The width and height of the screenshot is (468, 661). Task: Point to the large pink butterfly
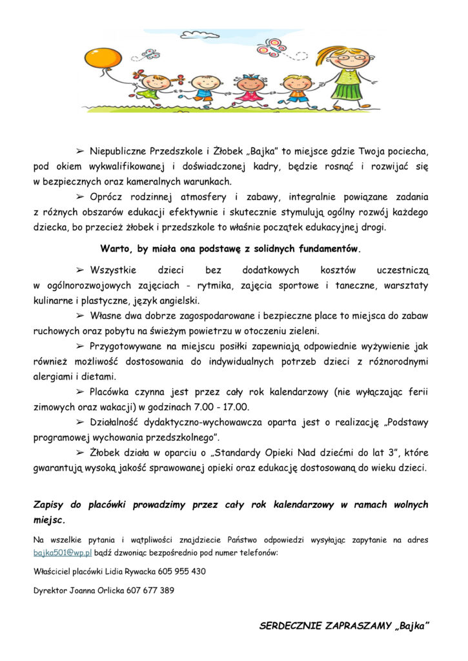[x=272, y=47]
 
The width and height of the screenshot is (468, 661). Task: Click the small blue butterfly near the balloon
[x=149, y=54]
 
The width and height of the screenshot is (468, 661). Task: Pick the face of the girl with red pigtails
[x=155, y=83]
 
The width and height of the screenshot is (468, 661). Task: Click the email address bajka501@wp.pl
[x=63, y=553]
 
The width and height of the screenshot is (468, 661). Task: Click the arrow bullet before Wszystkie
[x=81, y=269]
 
